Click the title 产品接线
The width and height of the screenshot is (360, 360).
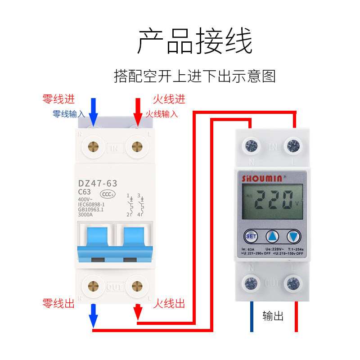pos(195,41)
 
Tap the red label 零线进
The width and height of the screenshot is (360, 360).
pos(58,99)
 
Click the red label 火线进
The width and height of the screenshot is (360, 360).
pos(169,99)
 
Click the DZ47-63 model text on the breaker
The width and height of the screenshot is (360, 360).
pos(98,183)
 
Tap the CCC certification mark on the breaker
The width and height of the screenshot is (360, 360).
pos(107,194)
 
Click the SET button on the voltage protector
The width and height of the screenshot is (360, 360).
pos(251,236)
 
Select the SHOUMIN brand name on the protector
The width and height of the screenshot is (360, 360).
pos(262,178)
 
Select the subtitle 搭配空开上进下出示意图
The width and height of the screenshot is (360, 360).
pos(195,76)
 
